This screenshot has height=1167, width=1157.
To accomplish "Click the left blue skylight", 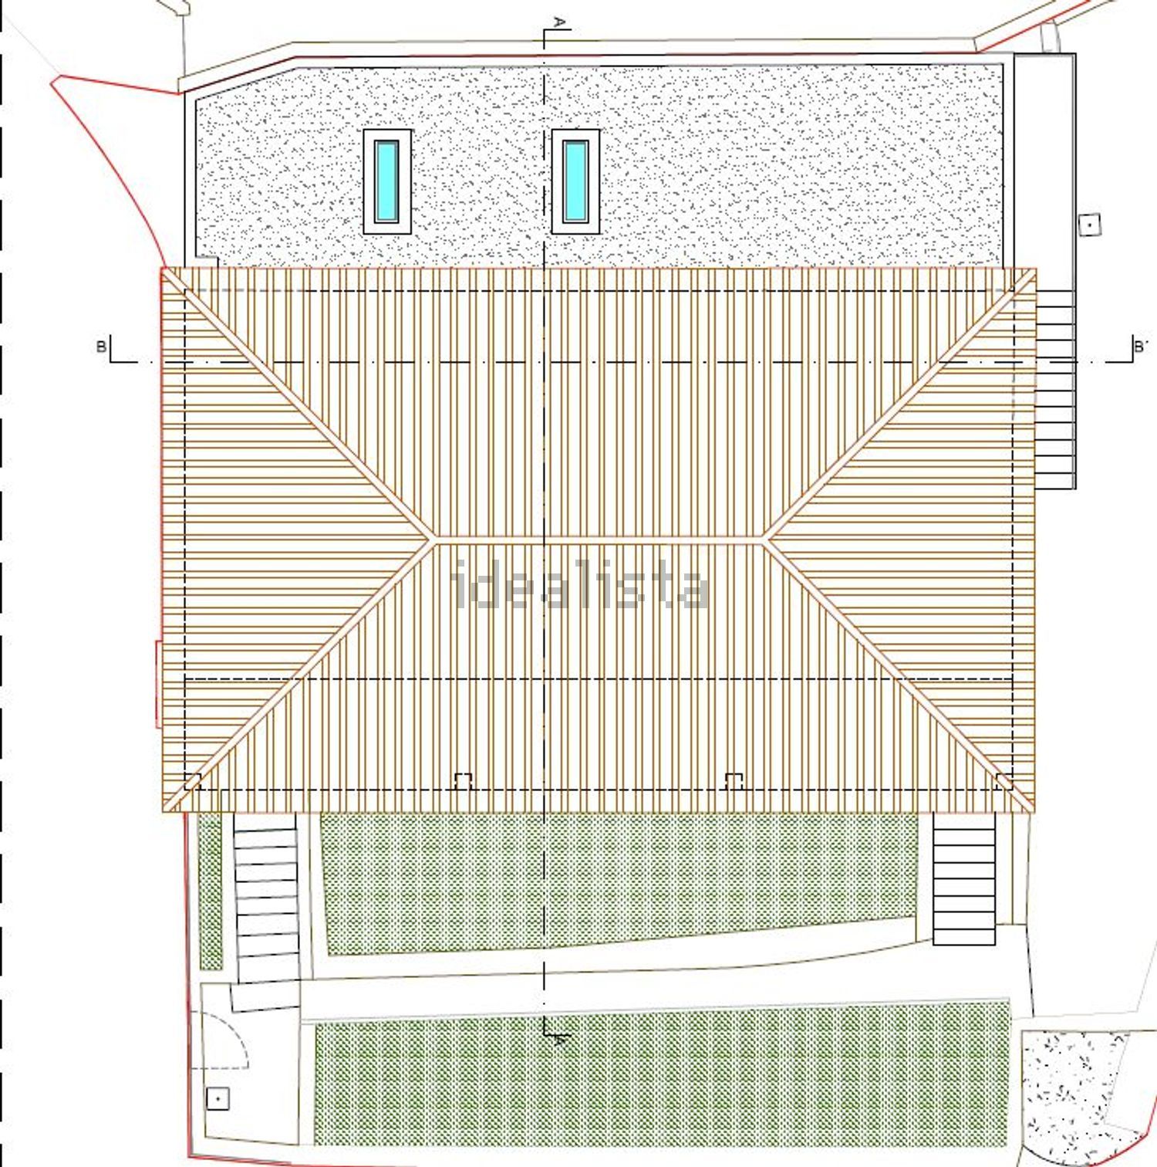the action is click(x=387, y=181).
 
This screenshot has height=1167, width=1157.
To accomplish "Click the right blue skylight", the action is click(x=575, y=181).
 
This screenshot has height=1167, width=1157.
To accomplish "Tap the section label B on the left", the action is click(x=101, y=347).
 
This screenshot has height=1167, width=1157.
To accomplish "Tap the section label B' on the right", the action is click(x=1140, y=347).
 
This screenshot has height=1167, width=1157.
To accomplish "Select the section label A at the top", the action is click(x=560, y=21).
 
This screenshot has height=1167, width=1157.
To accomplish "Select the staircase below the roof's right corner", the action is click(x=964, y=878).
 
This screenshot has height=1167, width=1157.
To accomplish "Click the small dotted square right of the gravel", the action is click(x=1089, y=225).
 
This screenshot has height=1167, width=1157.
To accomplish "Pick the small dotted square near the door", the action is click(x=218, y=1098).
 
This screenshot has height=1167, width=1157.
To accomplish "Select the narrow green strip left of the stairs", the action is click(x=210, y=891).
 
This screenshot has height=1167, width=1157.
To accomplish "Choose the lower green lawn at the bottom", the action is click(x=662, y=1084).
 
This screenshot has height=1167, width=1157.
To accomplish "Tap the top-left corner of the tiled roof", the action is click(x=162, y=269).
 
